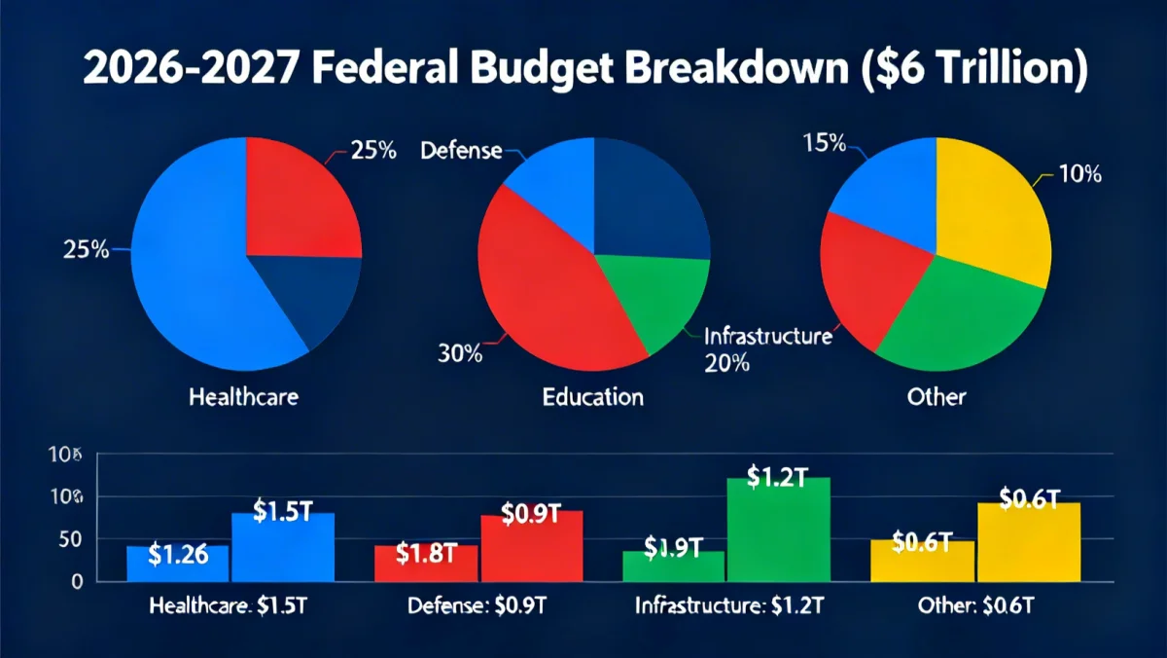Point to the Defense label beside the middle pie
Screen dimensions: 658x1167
(x=462, y=151)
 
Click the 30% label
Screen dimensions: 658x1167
(x=460, y=354)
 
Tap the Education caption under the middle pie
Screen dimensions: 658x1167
(x=593, y=396)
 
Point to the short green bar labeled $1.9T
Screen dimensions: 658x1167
(x=673, y=566)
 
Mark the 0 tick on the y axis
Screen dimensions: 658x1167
(x=76, y=581)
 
